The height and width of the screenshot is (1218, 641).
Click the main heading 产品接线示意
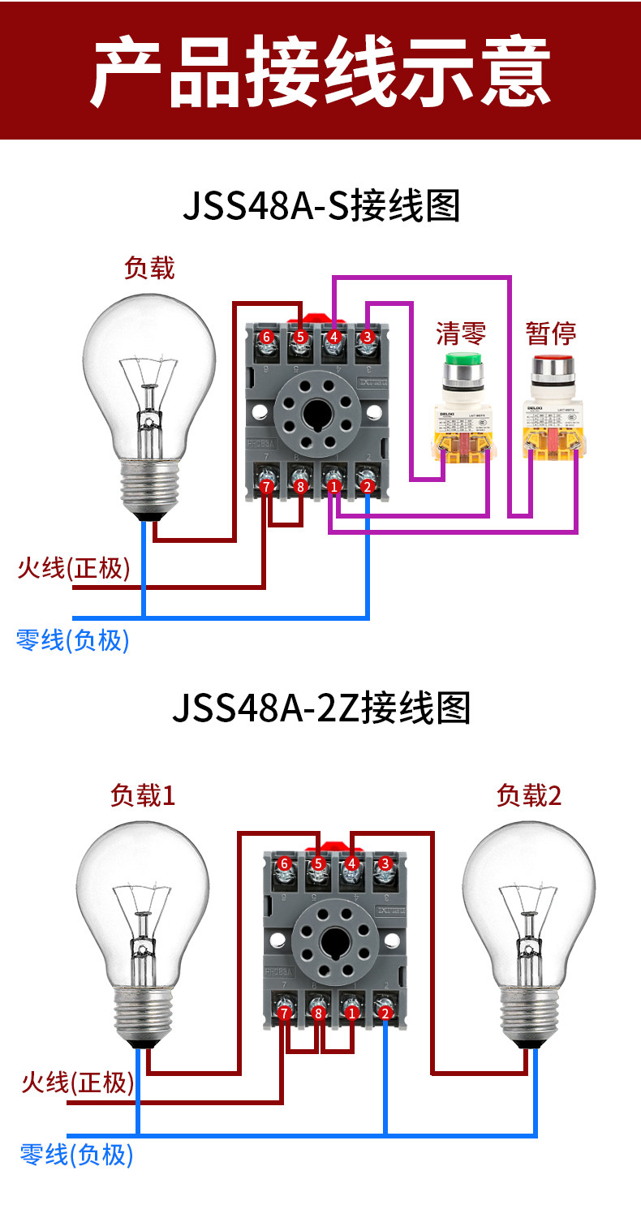[x=320, y=71]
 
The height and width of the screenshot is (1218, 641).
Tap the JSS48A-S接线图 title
[x=321, y=206]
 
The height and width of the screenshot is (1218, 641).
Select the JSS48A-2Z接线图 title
[x=321, y=708]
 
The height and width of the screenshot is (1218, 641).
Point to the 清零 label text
[x=461, y=333]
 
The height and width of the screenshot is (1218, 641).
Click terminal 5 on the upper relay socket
[x=300, y=336]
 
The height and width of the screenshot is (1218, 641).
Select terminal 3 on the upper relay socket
[x=367, y=336]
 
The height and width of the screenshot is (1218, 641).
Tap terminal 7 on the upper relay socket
[x=266, y=487]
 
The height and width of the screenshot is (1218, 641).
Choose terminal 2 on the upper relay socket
[x=368, y=487]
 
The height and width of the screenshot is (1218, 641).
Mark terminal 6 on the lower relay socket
[x=284, y=863]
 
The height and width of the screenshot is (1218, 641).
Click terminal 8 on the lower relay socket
[x=318, y=1013]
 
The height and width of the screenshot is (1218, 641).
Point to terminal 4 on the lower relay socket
[x=351, y=863]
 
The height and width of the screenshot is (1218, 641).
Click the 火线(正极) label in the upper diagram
[x=74, y=568]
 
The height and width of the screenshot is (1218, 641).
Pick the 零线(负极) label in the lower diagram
[x=76, y=1154]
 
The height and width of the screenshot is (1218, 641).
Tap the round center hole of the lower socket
[x=334, y=942]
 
